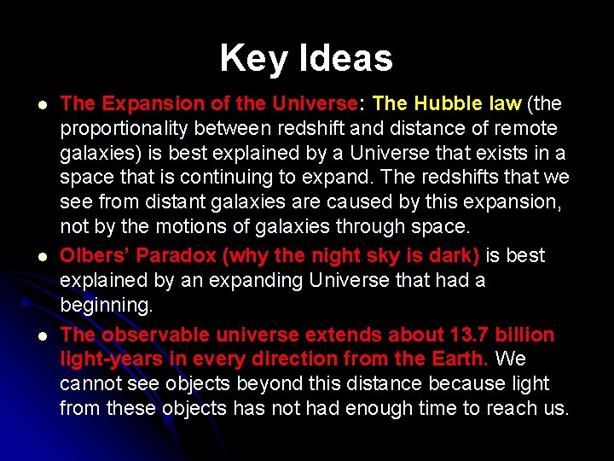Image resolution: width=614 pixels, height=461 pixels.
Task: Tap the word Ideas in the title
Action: [346, 59]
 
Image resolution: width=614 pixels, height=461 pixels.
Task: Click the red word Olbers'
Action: [95, 256]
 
